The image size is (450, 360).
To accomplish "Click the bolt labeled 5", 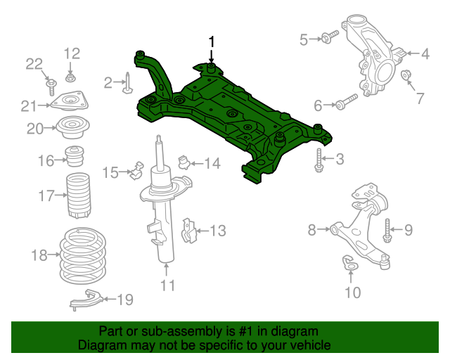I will [x=329, y=36].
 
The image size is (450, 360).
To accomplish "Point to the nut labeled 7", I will [x=406, y=75].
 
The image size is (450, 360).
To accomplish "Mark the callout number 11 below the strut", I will [x=167, y=285].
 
